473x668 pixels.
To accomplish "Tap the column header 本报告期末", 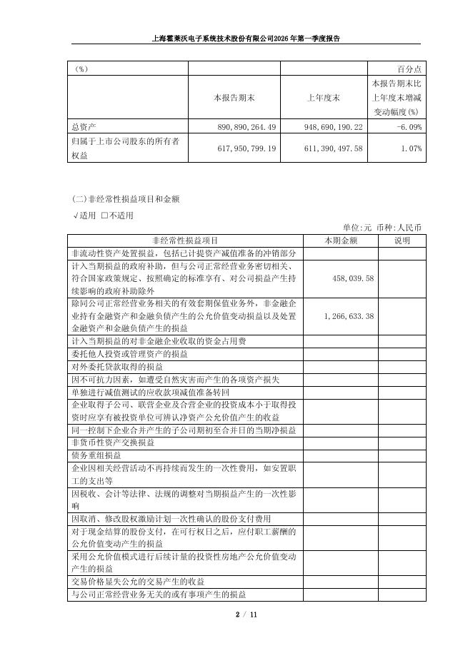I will point(234,97).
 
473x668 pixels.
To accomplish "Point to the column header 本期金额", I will point(341,240).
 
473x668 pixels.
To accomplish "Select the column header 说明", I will point(402,240).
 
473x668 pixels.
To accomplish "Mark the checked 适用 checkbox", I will point(75,215).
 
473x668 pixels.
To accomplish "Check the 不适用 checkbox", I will point(104,215).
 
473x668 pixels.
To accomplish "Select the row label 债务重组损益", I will point(96,455).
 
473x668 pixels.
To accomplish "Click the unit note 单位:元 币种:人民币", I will point(384,227).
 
